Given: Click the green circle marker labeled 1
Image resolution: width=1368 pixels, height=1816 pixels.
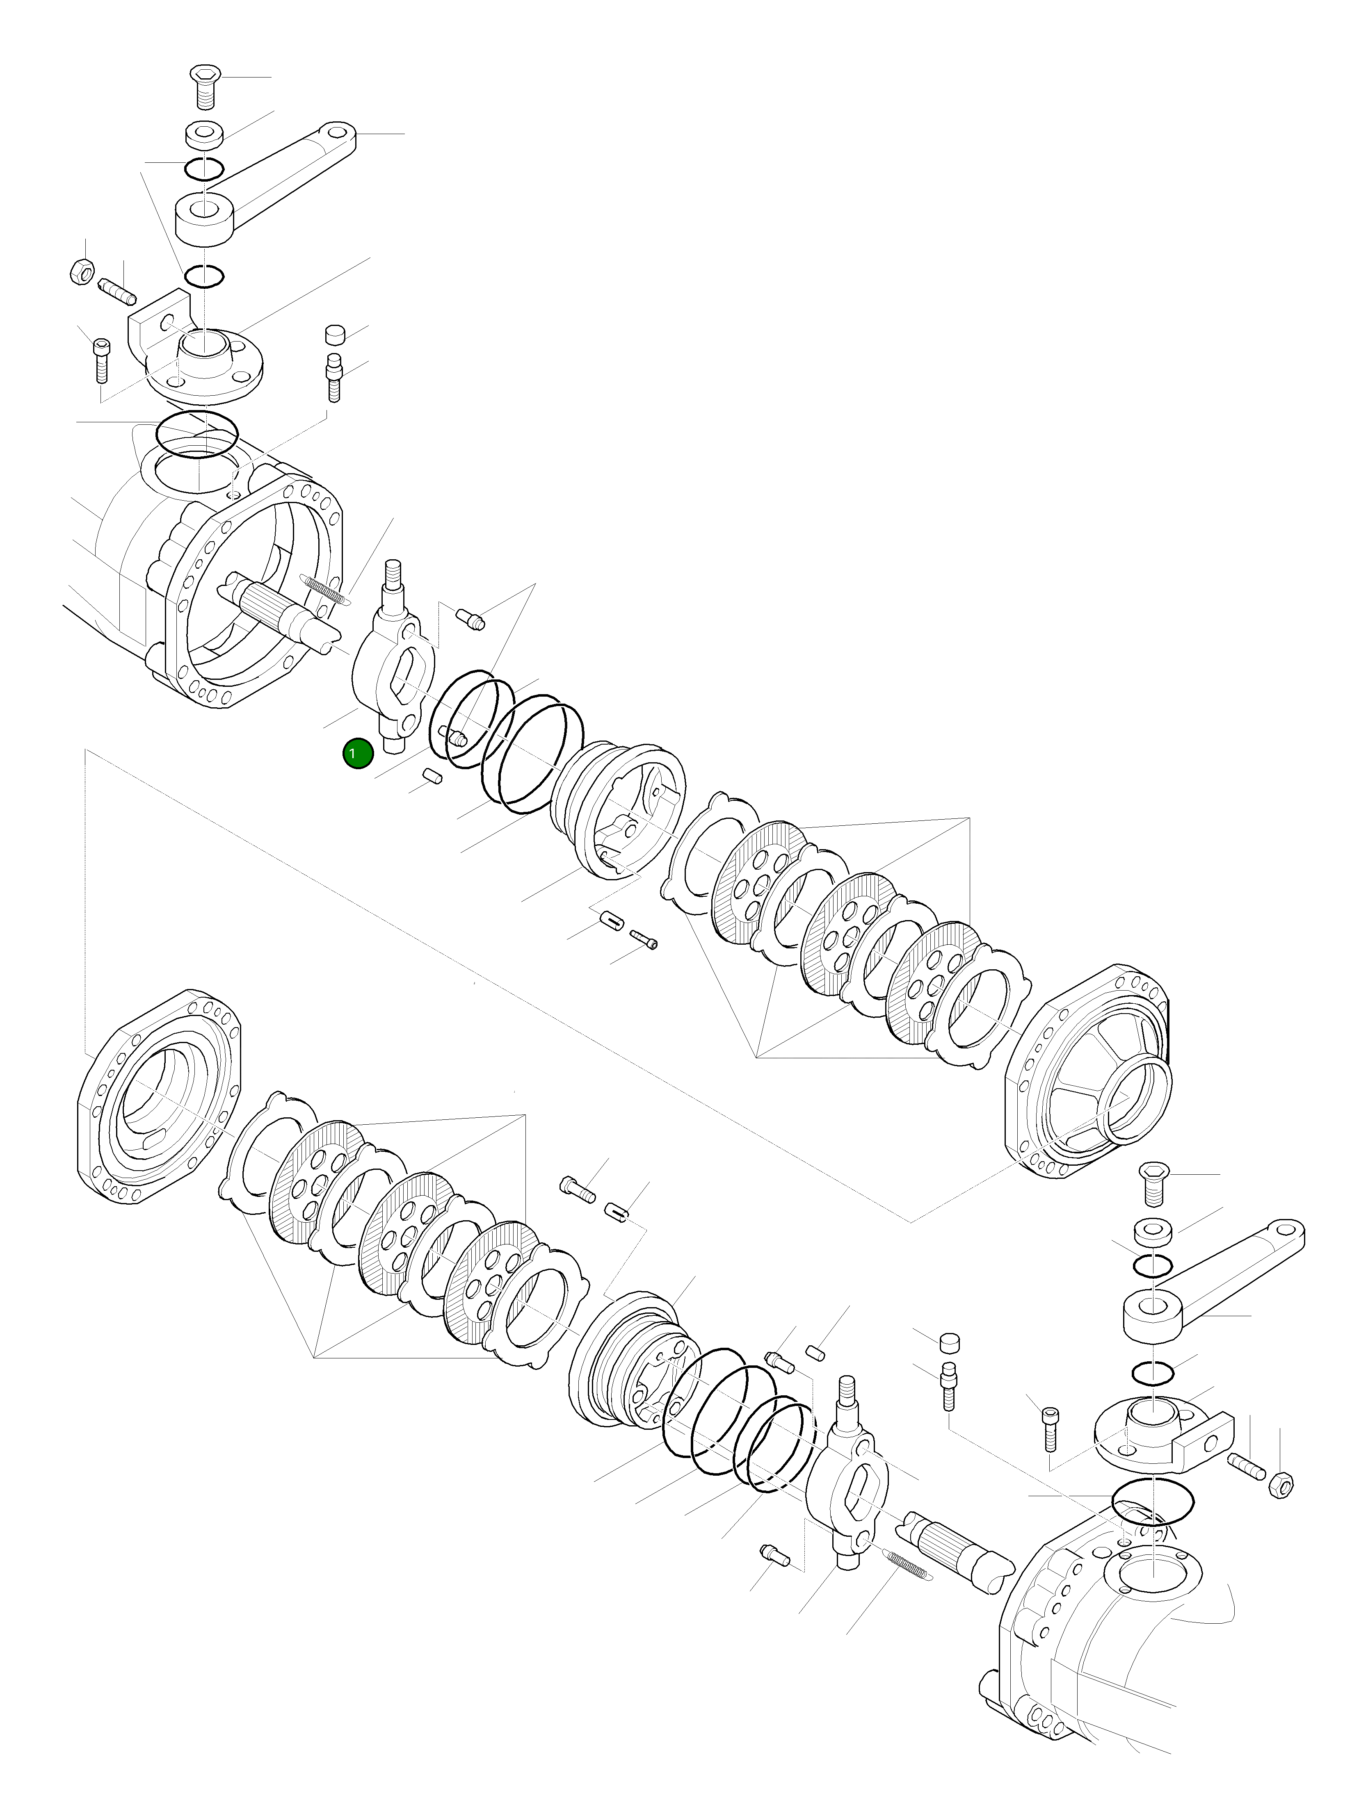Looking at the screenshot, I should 358,754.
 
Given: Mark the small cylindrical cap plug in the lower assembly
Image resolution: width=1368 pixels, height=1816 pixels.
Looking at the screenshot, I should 950,1342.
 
